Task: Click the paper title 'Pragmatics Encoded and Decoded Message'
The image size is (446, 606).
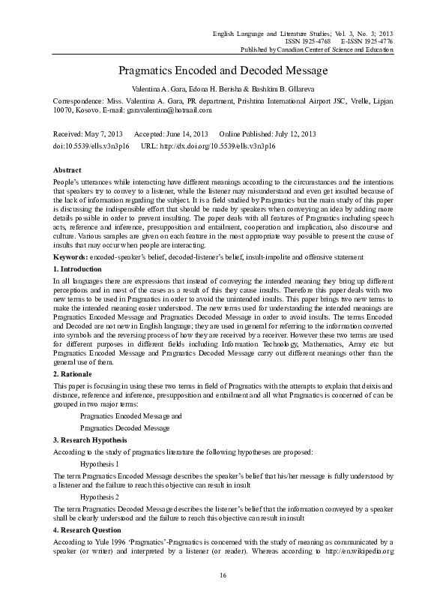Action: (223, 70)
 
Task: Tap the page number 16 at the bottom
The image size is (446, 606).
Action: (223, 574)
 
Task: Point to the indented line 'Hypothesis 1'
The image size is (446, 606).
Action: (100, 464)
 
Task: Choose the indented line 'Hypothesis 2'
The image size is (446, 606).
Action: (100, 497)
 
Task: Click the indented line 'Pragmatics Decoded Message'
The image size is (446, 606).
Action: (124, 427)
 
